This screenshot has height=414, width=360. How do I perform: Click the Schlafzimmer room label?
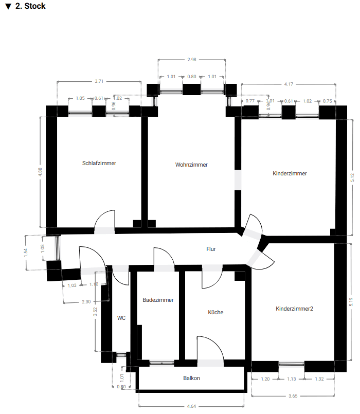(x=99, y=163)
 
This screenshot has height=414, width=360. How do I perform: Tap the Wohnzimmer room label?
(x=191, y=165)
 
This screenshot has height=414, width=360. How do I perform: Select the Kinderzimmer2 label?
(x=294, y=309)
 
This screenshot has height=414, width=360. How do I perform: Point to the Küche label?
(x=215, y=312)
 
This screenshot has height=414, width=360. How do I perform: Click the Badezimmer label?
(x=158, y=300)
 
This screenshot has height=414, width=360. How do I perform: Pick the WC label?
(x=121, y=318)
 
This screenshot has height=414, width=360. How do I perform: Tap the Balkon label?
(x=191, y=378)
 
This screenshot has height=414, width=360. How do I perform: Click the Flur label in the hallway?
(x=211, y=249)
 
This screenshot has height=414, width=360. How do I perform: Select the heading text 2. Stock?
(x=30, y=6)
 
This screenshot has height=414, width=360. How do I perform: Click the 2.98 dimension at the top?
(x=192, y=60)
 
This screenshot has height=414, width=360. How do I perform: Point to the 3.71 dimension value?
(x=99, y=81)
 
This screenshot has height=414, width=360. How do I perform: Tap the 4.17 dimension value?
(x=289, y=84)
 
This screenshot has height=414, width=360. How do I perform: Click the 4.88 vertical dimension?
(x=41, y=172)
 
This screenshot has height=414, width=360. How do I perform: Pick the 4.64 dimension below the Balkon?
(x=191, y=406)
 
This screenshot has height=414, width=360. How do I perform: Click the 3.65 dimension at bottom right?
(x=293, y=396)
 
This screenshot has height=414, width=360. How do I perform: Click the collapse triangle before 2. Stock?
(x=8, y=7)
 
